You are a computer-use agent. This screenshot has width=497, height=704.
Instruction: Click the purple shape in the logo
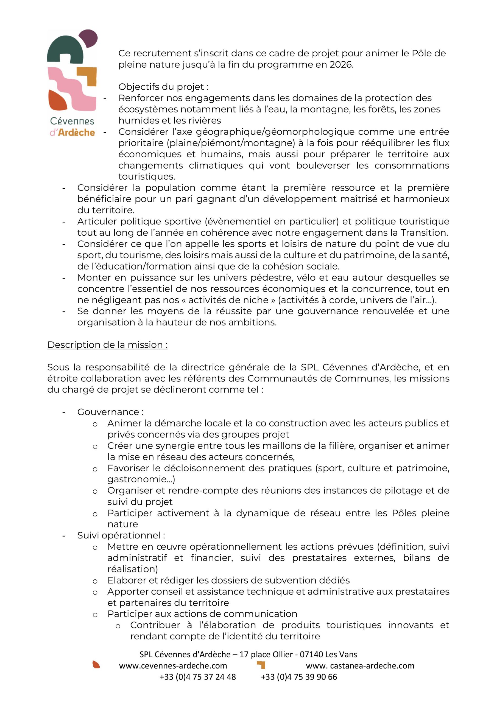click(88, 38)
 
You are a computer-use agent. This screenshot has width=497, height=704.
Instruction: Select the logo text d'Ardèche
click(72, 133)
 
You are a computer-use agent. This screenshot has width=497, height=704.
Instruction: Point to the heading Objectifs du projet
click(163, 87)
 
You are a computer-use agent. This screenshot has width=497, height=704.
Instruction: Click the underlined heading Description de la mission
click(107, 345)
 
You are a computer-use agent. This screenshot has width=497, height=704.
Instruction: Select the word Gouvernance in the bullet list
click(108, 412)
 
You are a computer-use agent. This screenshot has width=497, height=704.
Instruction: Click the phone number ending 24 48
click(197, 677)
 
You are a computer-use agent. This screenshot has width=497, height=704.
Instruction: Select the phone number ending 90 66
click(299, 677)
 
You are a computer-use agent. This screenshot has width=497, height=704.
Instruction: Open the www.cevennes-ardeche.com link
click(173, 665)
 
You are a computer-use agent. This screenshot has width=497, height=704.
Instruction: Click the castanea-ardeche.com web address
click(360, 665)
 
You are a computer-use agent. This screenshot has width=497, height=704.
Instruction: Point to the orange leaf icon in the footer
click(96, 664)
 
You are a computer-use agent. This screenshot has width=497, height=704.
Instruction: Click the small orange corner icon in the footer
click(261, 664)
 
